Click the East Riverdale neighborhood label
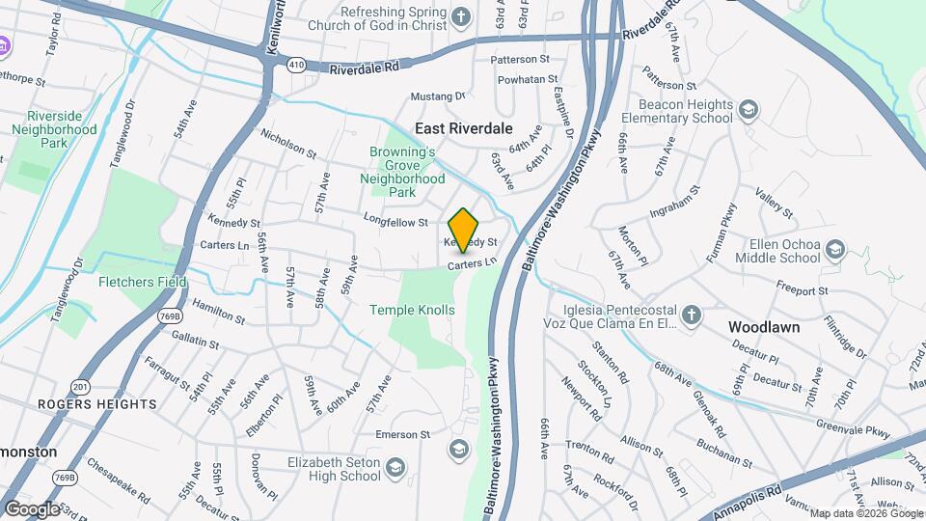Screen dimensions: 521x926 coord(463,127)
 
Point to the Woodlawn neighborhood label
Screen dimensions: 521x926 coord(764,327)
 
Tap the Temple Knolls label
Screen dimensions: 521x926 coord(412,310)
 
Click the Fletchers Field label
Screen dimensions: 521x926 coord(143,283)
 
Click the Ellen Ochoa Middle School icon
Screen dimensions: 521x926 coord(835,251)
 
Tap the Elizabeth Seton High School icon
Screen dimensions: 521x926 coord(395,468)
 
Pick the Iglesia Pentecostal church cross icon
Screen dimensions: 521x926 coord(691,315)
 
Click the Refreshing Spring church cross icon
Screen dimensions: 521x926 coord(462,16)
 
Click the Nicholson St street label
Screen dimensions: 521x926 coord(288,145)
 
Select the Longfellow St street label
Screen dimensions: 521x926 coord(395,223)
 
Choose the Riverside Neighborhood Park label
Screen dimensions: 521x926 coord(55,129)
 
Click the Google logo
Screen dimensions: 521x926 coord(32,508)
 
